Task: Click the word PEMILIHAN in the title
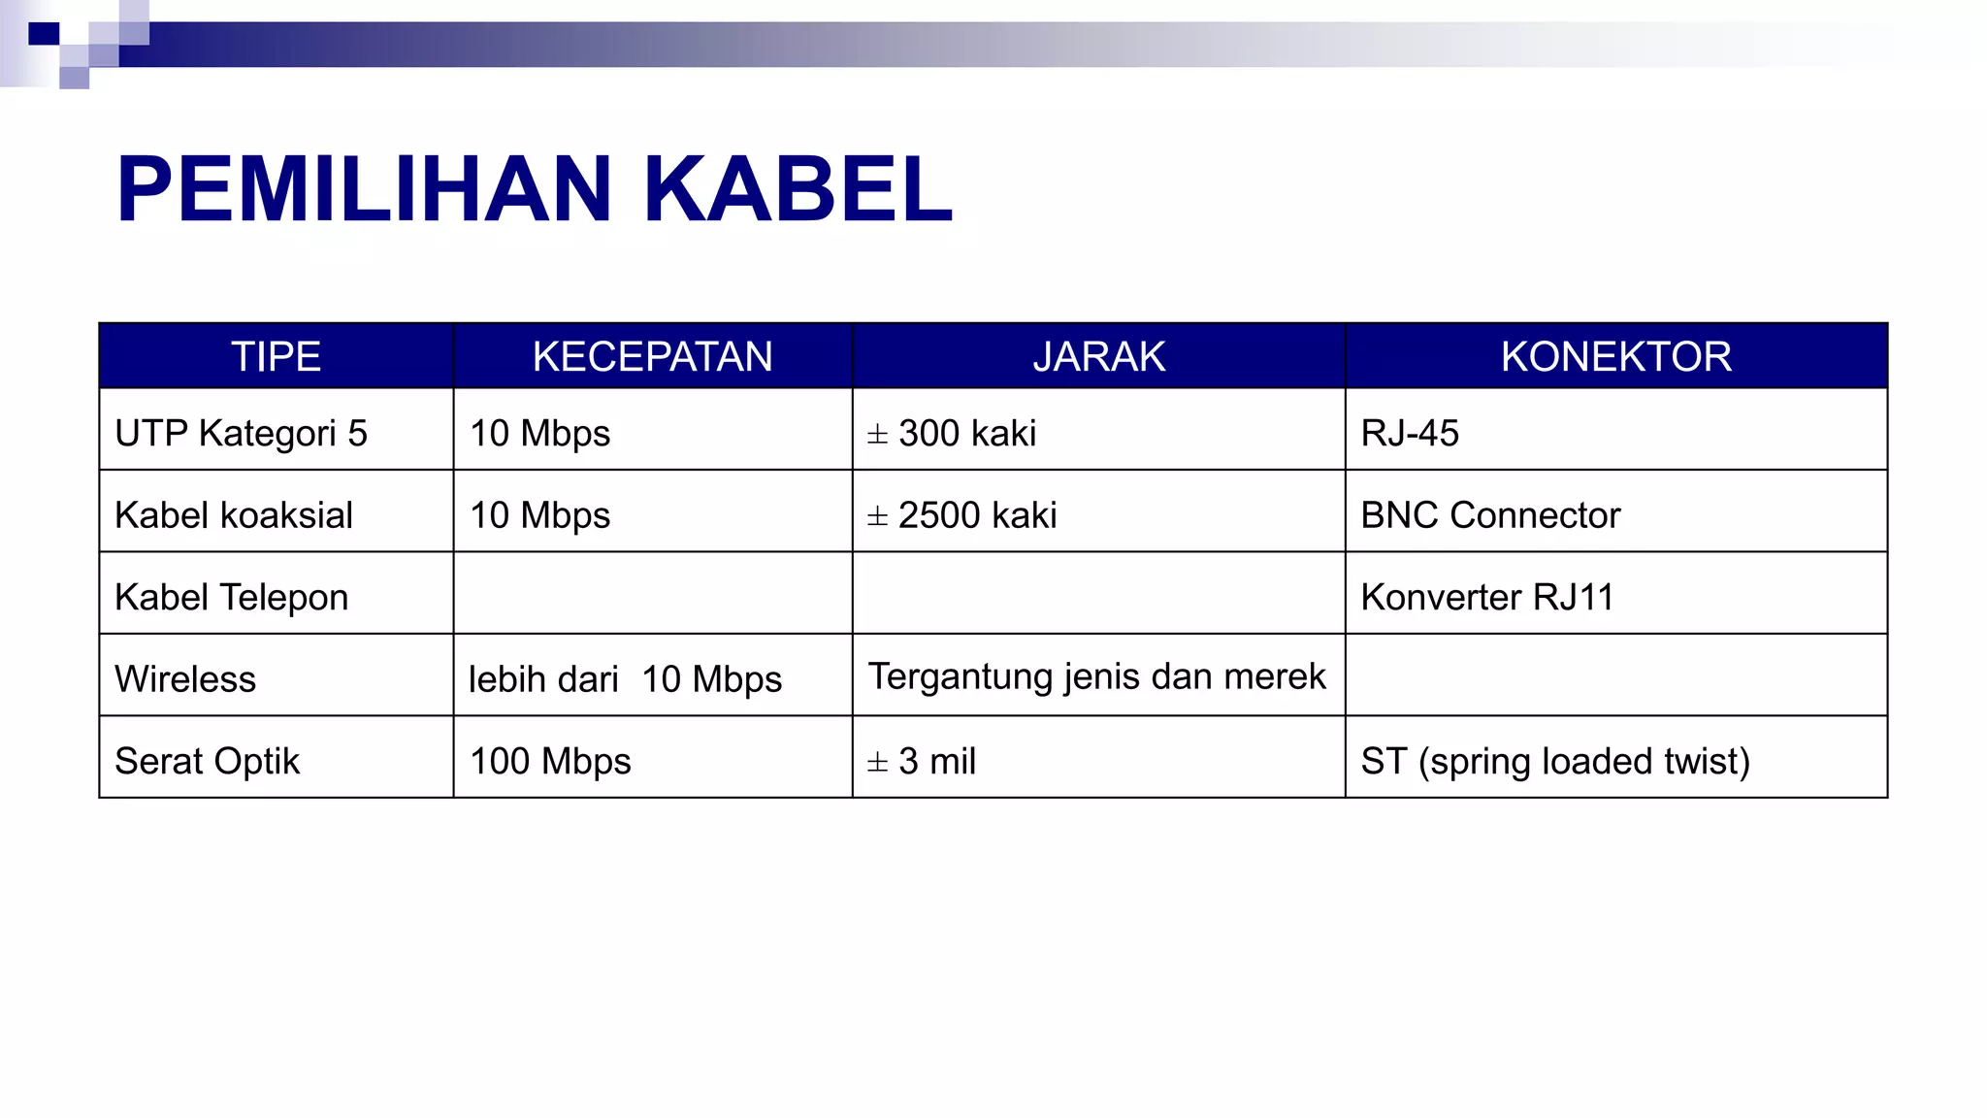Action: (364, 189)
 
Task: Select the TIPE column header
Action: (276, 356)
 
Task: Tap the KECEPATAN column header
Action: (652, 356)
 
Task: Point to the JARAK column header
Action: (1098, 356)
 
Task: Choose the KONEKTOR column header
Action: (1615, 356)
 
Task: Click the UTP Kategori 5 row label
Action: (241, 433)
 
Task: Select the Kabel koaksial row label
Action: (234, 515)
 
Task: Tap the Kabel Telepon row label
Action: (231, 597)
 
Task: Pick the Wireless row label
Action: (185, 679)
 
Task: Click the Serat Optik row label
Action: (207, 761)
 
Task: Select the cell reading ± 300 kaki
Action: (952, 433)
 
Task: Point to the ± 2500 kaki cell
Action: (961, 515)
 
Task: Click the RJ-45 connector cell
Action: (1409, 433)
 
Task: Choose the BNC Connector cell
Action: (1490, 515)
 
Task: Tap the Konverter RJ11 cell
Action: (1486, 597)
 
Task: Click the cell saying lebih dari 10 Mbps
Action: (625, 679)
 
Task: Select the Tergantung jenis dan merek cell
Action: (1096, 676)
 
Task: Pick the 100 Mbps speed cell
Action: (550, 761)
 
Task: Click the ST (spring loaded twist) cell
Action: (1554, 761)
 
